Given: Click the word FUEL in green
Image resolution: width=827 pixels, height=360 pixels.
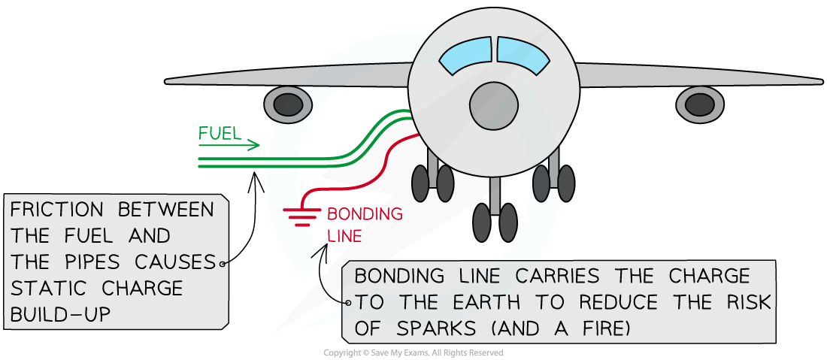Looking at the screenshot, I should click(x=220, y=135).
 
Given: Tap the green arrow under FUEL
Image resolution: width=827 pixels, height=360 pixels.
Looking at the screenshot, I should click(x=230, y=146).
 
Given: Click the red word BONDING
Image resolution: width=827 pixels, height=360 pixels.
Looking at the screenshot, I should click(x=365, y=214).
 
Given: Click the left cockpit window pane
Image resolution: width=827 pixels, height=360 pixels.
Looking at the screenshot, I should click(x=466, y=57).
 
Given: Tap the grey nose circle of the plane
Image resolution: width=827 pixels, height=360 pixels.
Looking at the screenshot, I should click(x=495, y=104).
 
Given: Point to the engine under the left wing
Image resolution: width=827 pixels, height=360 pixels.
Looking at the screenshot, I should click(x=288, y=104).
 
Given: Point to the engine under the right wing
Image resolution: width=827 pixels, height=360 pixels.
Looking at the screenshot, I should click(x=701, y=104).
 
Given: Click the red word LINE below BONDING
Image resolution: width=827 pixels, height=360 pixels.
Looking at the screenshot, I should click(x=345, y=236).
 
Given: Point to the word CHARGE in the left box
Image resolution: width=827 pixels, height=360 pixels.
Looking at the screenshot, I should click(x=144, y=289).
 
